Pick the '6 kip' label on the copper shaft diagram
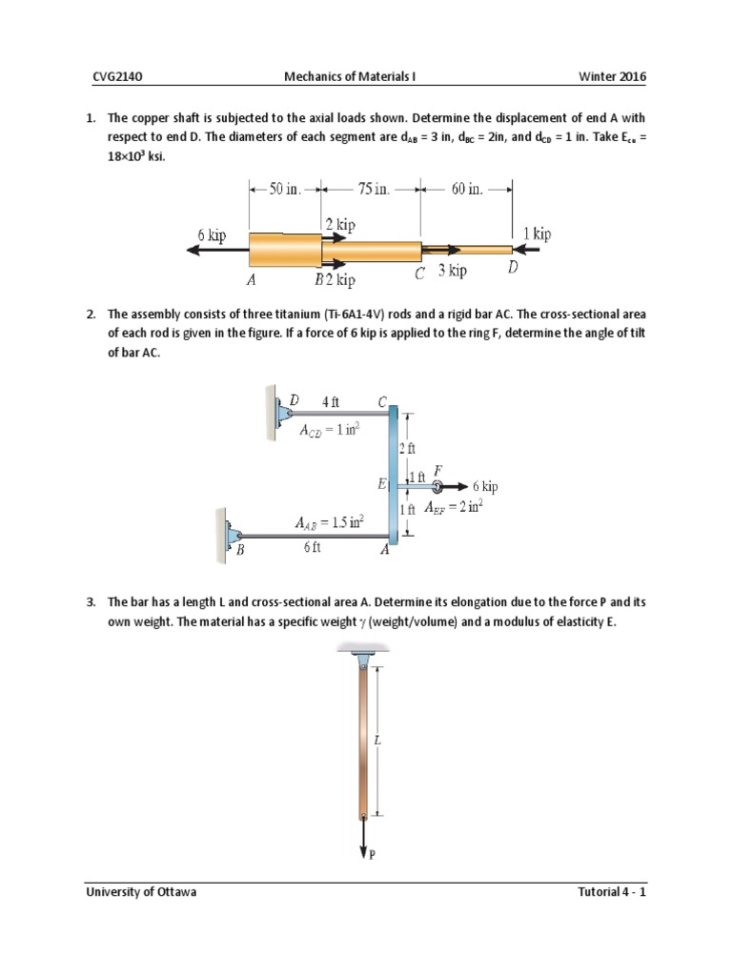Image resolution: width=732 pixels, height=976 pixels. [x=212, y=235]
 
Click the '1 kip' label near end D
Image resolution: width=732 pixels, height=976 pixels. [x=538, y=234]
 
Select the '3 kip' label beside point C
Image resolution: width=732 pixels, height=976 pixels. [x=453, y=271]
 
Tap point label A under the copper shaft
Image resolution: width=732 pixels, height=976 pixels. [x=251, y=280]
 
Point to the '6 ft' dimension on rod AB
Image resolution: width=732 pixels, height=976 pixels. [x=314, y=549]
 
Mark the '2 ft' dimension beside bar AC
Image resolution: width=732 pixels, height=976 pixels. [x=408, y=447]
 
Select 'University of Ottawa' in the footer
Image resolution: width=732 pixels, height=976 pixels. [x=141, y=893]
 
